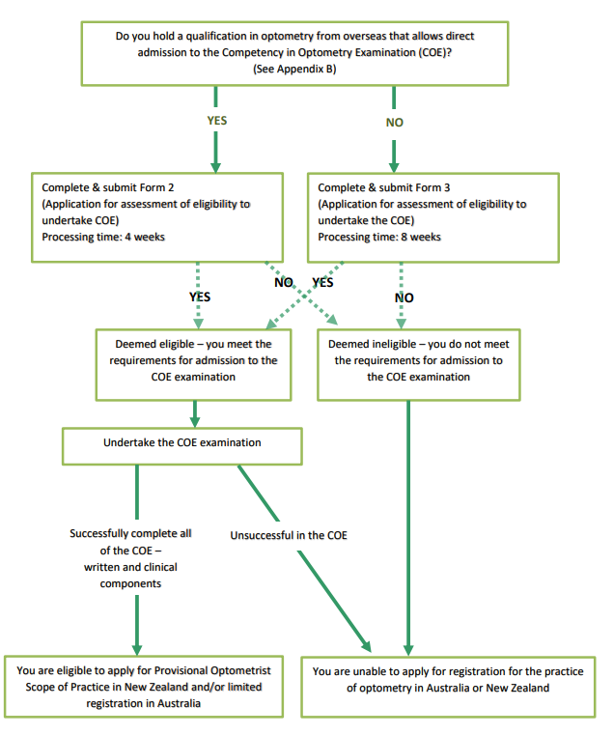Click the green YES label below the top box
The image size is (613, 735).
(x=217, y=121)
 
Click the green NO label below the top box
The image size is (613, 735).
(x=395, y=123)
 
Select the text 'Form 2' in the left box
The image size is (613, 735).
(x=156, y=187)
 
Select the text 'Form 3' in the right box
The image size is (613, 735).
(x=432, y=187)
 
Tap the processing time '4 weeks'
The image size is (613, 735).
(x=145, y=237)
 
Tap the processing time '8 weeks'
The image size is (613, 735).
(x=421, y=237)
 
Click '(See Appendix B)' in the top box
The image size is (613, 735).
(x=294, y=69)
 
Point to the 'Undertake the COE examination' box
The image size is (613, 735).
(x=182, y=446)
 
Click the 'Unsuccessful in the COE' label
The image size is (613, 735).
(x=289, y=535)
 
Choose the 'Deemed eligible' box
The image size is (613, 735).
(x=194, y=365)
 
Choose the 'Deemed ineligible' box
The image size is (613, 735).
(x=419, y=365)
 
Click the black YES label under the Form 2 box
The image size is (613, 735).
(x=200, y=297)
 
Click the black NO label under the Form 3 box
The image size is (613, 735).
(x=404, y=297)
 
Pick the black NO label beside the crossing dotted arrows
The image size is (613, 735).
(x=284, y=282)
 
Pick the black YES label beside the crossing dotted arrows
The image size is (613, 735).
(x=322, y=282)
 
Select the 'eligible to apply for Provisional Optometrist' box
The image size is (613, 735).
(x=144, y=687)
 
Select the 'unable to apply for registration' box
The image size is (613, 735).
(x=448, y=687)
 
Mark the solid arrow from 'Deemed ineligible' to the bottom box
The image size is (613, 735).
(x=408, y=527)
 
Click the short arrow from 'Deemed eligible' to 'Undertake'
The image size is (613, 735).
(x=195, y=414)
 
